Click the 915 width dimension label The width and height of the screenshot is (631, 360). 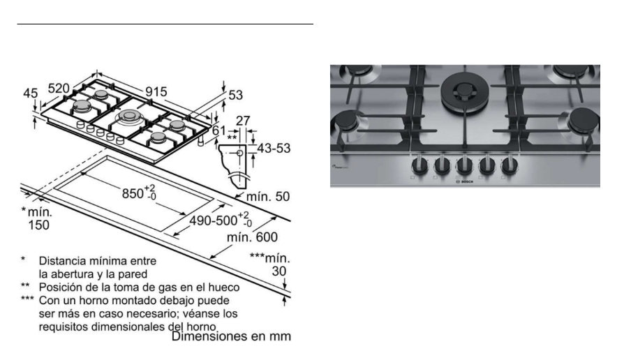pyautogui.click(x=156, y=91)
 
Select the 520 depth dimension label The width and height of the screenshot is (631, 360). pyautogui.click(x=59, y=88)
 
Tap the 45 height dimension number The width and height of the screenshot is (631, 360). pyautogui.click(x=30, y=93)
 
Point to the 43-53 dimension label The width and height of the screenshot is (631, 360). pyautogui.click(x=274, y=148)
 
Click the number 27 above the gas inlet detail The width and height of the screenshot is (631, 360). pyautogui.click(x=243, y=121)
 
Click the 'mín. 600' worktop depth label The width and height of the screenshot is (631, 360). pyautogui.click(x=252, y=237)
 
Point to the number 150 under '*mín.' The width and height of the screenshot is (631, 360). pyautogui.click(x=38, y=225)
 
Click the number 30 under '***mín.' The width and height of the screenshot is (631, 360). pyautogui.click(x=279, y=271)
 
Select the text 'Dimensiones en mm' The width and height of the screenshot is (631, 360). pyautogui.click(x=232, y=336)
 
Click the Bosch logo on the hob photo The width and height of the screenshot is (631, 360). pyautogui.click(x=465, y=182)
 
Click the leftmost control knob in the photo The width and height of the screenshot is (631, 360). pyautogui.click(x=420, y=165)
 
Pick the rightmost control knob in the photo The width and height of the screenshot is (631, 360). pyautogui.click(x=510, y=165)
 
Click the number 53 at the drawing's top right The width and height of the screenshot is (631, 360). pyautogui.click(x=236, y=95)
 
